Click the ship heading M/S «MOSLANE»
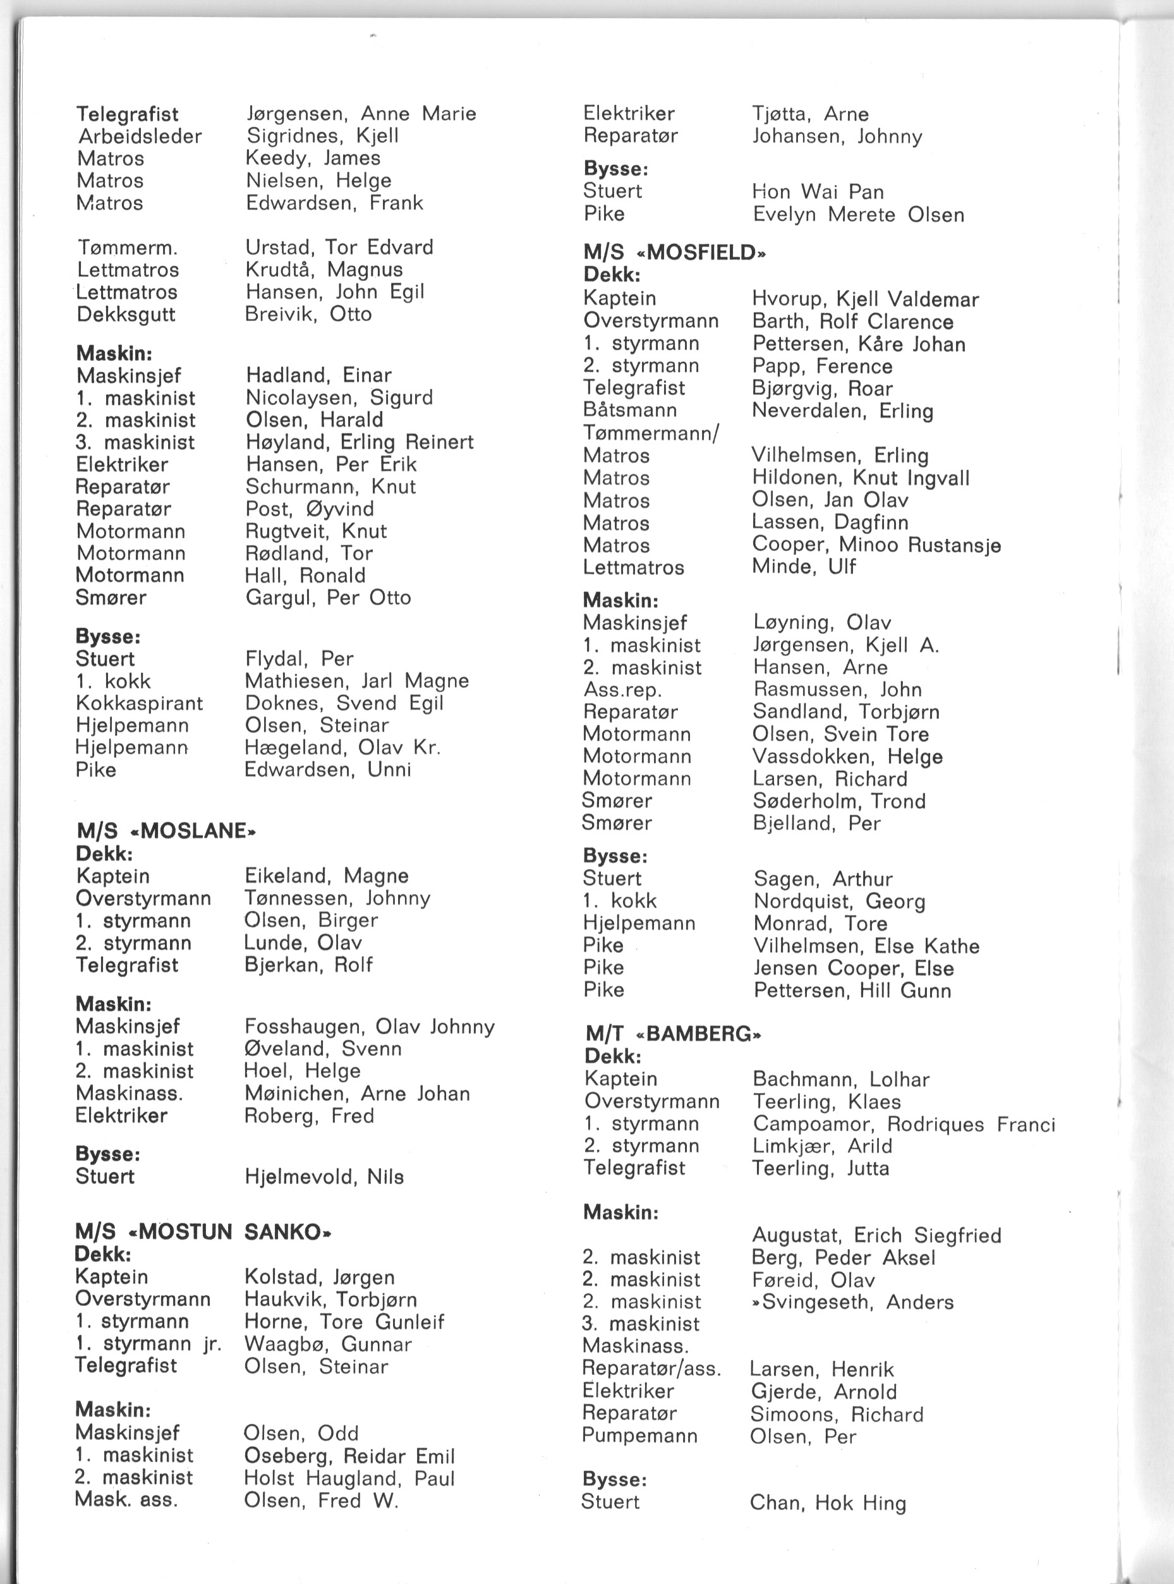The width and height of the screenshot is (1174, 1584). coord(166,831)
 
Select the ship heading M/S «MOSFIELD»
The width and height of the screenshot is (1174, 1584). coord(674,253)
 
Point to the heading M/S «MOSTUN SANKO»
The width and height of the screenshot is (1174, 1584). coord(203,1231)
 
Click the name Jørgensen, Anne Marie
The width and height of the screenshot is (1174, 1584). coord(361,114)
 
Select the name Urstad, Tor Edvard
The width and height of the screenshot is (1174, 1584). coord(339,247)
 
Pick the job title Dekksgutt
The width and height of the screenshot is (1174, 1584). coord(126,314)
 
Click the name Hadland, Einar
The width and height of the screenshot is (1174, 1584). coord(318,375)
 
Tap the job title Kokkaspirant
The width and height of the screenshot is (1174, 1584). coord(139,703)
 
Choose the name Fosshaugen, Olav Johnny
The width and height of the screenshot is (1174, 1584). coord(370,1026)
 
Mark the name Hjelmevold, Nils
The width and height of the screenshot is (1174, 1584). coord(324,1177)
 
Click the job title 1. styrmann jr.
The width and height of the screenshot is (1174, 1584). coord(148,1344)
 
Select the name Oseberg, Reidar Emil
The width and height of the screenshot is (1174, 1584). coord(349,1456)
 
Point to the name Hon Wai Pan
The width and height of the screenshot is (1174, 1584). coord(818,192)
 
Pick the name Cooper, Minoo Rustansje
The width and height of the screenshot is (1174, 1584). coord(876,545)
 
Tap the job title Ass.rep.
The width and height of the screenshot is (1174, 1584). coord(622,689)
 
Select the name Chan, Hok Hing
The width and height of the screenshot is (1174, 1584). coord(828,1502)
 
